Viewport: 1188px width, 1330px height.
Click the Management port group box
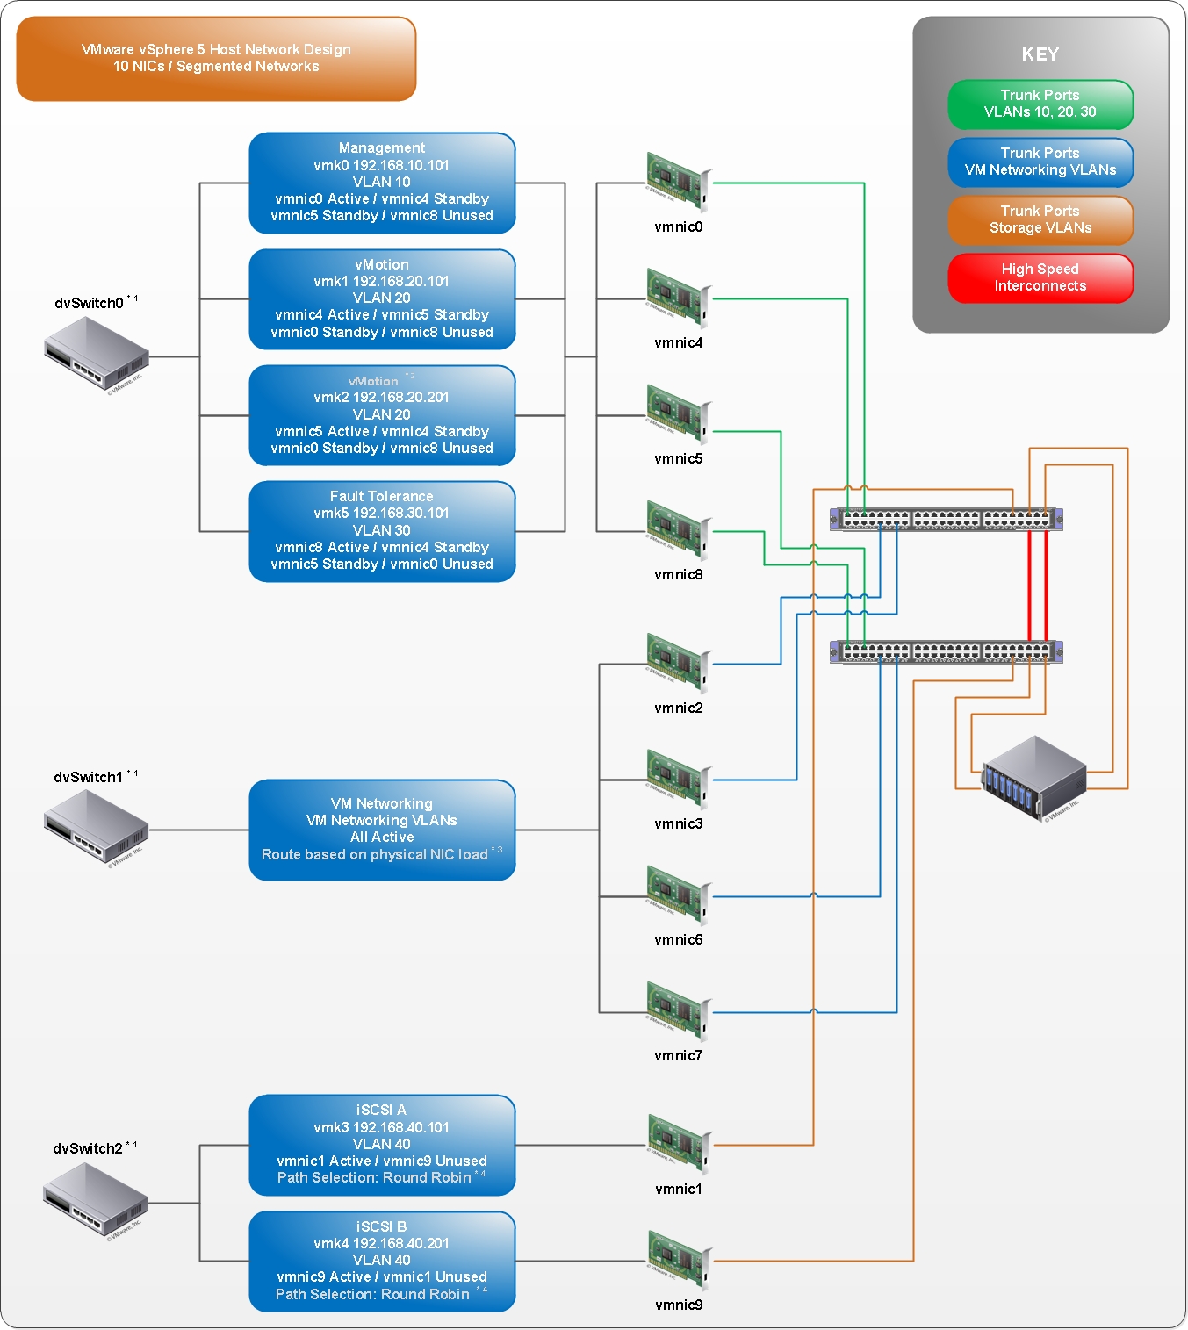click(x=382, y=183)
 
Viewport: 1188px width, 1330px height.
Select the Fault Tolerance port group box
click(x=382, y=530)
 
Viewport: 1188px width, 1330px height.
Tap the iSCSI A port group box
click(x=382, y=1144)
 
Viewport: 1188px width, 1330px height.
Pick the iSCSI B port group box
click(x=382, y=1261)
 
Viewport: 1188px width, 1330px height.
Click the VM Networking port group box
click(x=382, y=830)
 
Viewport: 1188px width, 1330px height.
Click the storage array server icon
click(x=1034, y=778)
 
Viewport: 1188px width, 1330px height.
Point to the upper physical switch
click(x=946, y=519)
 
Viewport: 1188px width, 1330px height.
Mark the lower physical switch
click(x=946, y=651)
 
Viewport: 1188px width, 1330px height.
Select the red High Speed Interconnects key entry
click(x=1040, y=278)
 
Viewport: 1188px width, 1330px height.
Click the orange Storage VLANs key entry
click(x=1040, y=219)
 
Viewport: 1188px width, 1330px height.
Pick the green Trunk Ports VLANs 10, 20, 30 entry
click(x=1040, y=104)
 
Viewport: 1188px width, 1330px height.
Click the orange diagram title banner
click(x=216, y=58)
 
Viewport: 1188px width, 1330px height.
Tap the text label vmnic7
click(x=678, y=1055)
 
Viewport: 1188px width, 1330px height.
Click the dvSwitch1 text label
click(x=89, y=777)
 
